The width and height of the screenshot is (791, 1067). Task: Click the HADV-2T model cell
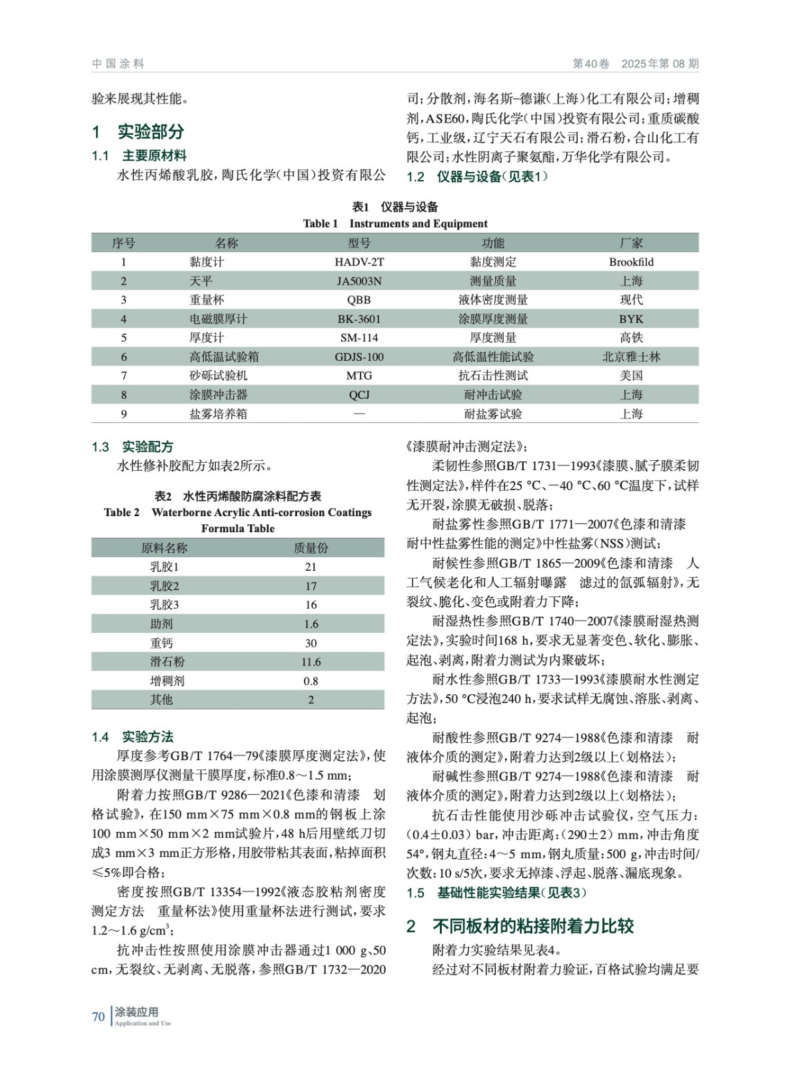tap(359, 262)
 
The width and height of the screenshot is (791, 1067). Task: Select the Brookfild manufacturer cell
tap(631, 262)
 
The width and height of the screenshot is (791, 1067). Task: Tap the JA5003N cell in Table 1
tap(359, 281)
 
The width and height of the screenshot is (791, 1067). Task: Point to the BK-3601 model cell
tap(359, 319)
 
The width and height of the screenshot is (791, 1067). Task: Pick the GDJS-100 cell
tap(359, 357)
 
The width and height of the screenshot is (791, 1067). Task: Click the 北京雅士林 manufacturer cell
tap(631, 357)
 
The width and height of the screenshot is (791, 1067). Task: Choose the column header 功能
tap(493, 243)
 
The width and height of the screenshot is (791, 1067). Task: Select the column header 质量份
tap(311, 548)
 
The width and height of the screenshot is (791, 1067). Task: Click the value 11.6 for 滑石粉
tap(311, 662)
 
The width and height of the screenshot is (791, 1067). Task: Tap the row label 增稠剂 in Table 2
tap(167, 681)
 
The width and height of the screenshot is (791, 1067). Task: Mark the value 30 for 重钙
tap(311, 644)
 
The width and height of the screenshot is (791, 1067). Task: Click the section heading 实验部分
tap(151, 132)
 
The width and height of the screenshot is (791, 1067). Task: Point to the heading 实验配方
tap(147, 447)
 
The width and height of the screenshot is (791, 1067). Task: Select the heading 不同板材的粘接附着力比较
tap(533, 926)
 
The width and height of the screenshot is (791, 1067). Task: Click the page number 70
tap(99, 1017)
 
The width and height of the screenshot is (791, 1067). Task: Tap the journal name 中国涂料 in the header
tap(118, 64)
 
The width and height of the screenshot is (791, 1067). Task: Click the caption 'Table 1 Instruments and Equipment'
tap(395, 224)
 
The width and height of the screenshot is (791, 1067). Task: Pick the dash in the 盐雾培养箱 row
tap(359, 414)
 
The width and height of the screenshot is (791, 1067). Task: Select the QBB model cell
tap(359, 300)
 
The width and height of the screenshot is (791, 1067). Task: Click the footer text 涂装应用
tap(137, 1012)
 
